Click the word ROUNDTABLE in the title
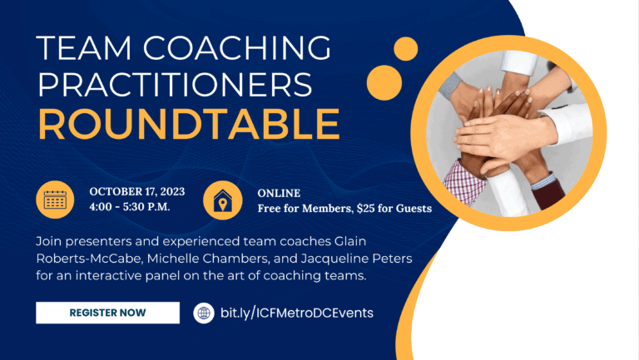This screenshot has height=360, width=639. (x=189, y=124)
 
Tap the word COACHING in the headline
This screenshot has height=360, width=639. (x=237, y=48)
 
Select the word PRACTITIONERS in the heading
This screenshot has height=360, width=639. (x=175, y=84)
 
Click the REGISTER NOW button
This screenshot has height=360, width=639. (x=107, y=313)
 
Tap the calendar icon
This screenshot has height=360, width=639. (x=55, y=200)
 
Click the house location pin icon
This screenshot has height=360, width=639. (x=222, y=200)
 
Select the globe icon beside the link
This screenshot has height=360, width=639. (x=204, y=313)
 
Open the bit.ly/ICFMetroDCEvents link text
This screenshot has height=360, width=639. (x=297, y=313)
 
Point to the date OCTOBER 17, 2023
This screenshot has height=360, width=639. (x=137, y=191)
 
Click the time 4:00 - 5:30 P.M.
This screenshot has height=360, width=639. (x=130, y=207)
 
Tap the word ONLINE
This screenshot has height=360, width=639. (x=279, y=193)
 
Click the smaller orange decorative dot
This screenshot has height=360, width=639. (x=406, y=49)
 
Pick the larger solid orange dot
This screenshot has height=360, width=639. (x=384, y=82)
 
